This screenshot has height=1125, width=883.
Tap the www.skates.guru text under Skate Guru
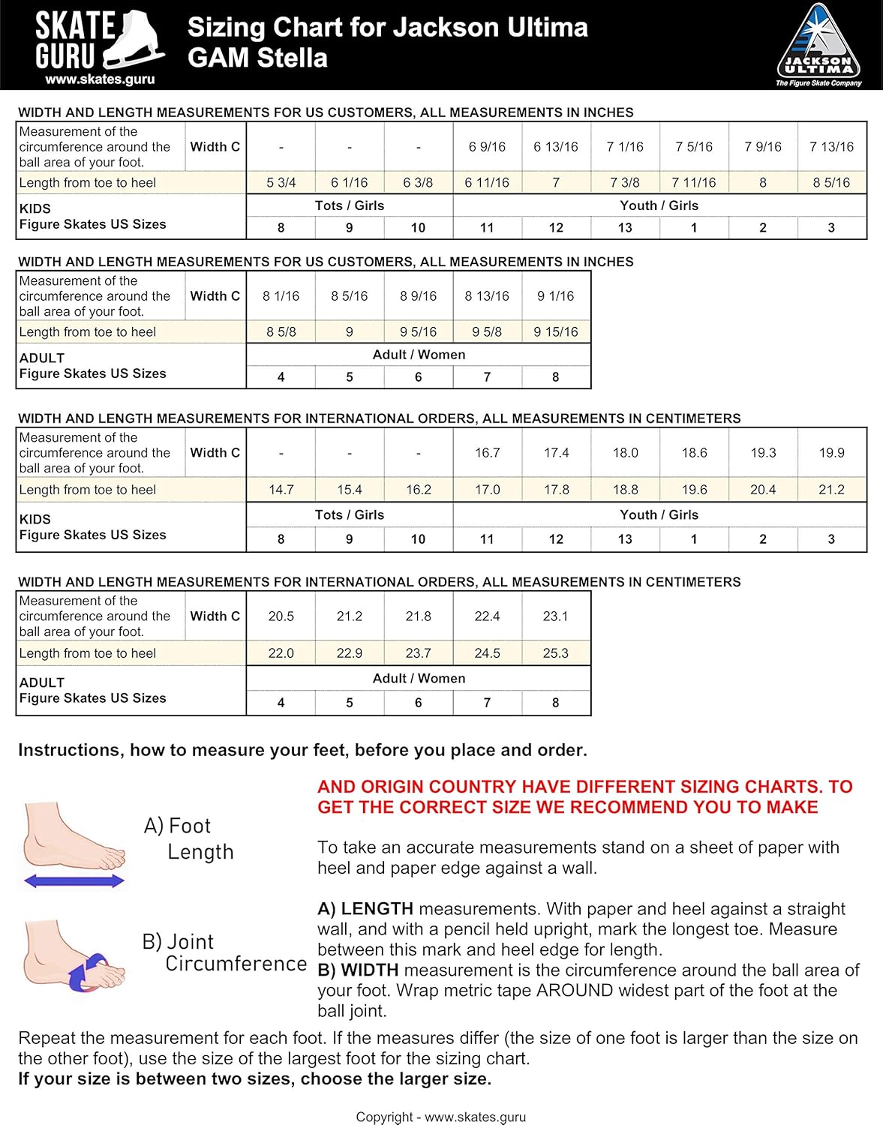click(99, 79)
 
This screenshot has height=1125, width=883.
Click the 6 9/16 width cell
click(487, 147)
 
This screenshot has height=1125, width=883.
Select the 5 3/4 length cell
click(281, 182)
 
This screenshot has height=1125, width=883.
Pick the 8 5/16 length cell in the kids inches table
click(831, 182)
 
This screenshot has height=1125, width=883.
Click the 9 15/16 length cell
click(555, 331)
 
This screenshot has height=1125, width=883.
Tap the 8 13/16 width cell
click(487, 296)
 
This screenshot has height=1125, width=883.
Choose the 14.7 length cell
click(281, 490)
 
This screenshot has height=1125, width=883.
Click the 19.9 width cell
click(831, 453)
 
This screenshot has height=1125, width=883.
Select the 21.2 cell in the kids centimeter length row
click(831, 490)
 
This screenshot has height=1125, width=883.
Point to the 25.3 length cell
click(555, 653)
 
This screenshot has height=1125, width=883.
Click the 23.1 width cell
click(555, 616)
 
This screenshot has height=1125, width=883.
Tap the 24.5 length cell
click(487, 653)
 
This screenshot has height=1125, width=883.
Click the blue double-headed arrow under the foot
click(74, 881)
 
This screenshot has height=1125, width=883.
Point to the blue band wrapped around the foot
click(89, 971)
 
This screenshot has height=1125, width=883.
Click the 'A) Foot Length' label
click(189, 838)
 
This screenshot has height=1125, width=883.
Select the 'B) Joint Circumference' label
click(224, 952)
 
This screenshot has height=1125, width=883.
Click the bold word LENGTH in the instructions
click(377, 909)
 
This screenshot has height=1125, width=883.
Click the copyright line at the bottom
click(440, 1117)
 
